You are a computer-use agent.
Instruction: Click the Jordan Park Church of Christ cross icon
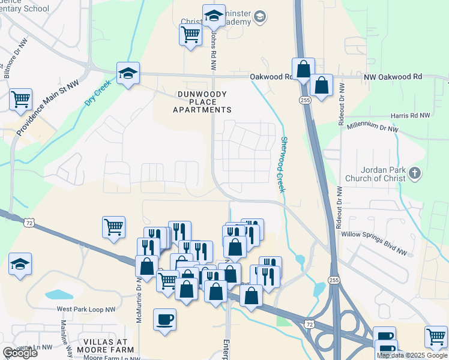click(414, 174)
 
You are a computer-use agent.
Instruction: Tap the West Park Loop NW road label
click(86, 310)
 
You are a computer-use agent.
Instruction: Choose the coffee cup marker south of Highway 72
click(164, 319)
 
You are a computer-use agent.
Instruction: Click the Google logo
click(20, 353)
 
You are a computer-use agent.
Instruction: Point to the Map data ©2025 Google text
click(412, 355)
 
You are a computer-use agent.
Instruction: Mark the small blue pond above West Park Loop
click(59, 295)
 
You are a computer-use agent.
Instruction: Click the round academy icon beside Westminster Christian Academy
click(259, 16)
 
